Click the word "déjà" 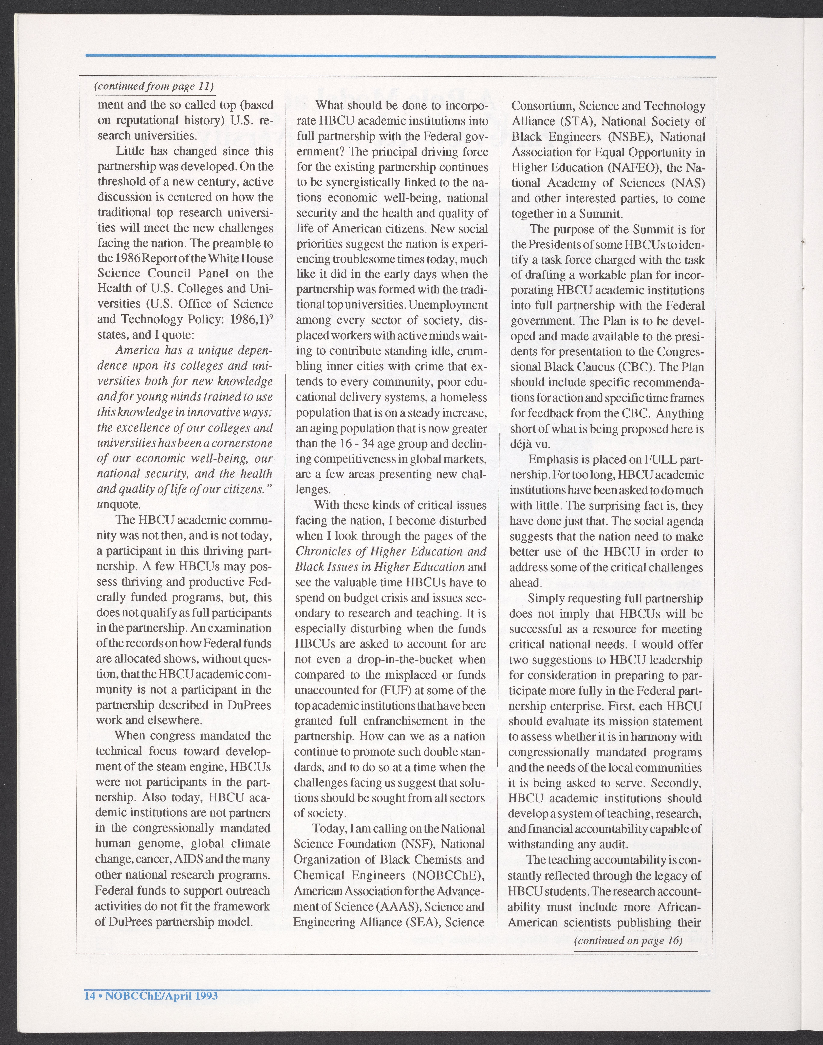click(x=519, y=444)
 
